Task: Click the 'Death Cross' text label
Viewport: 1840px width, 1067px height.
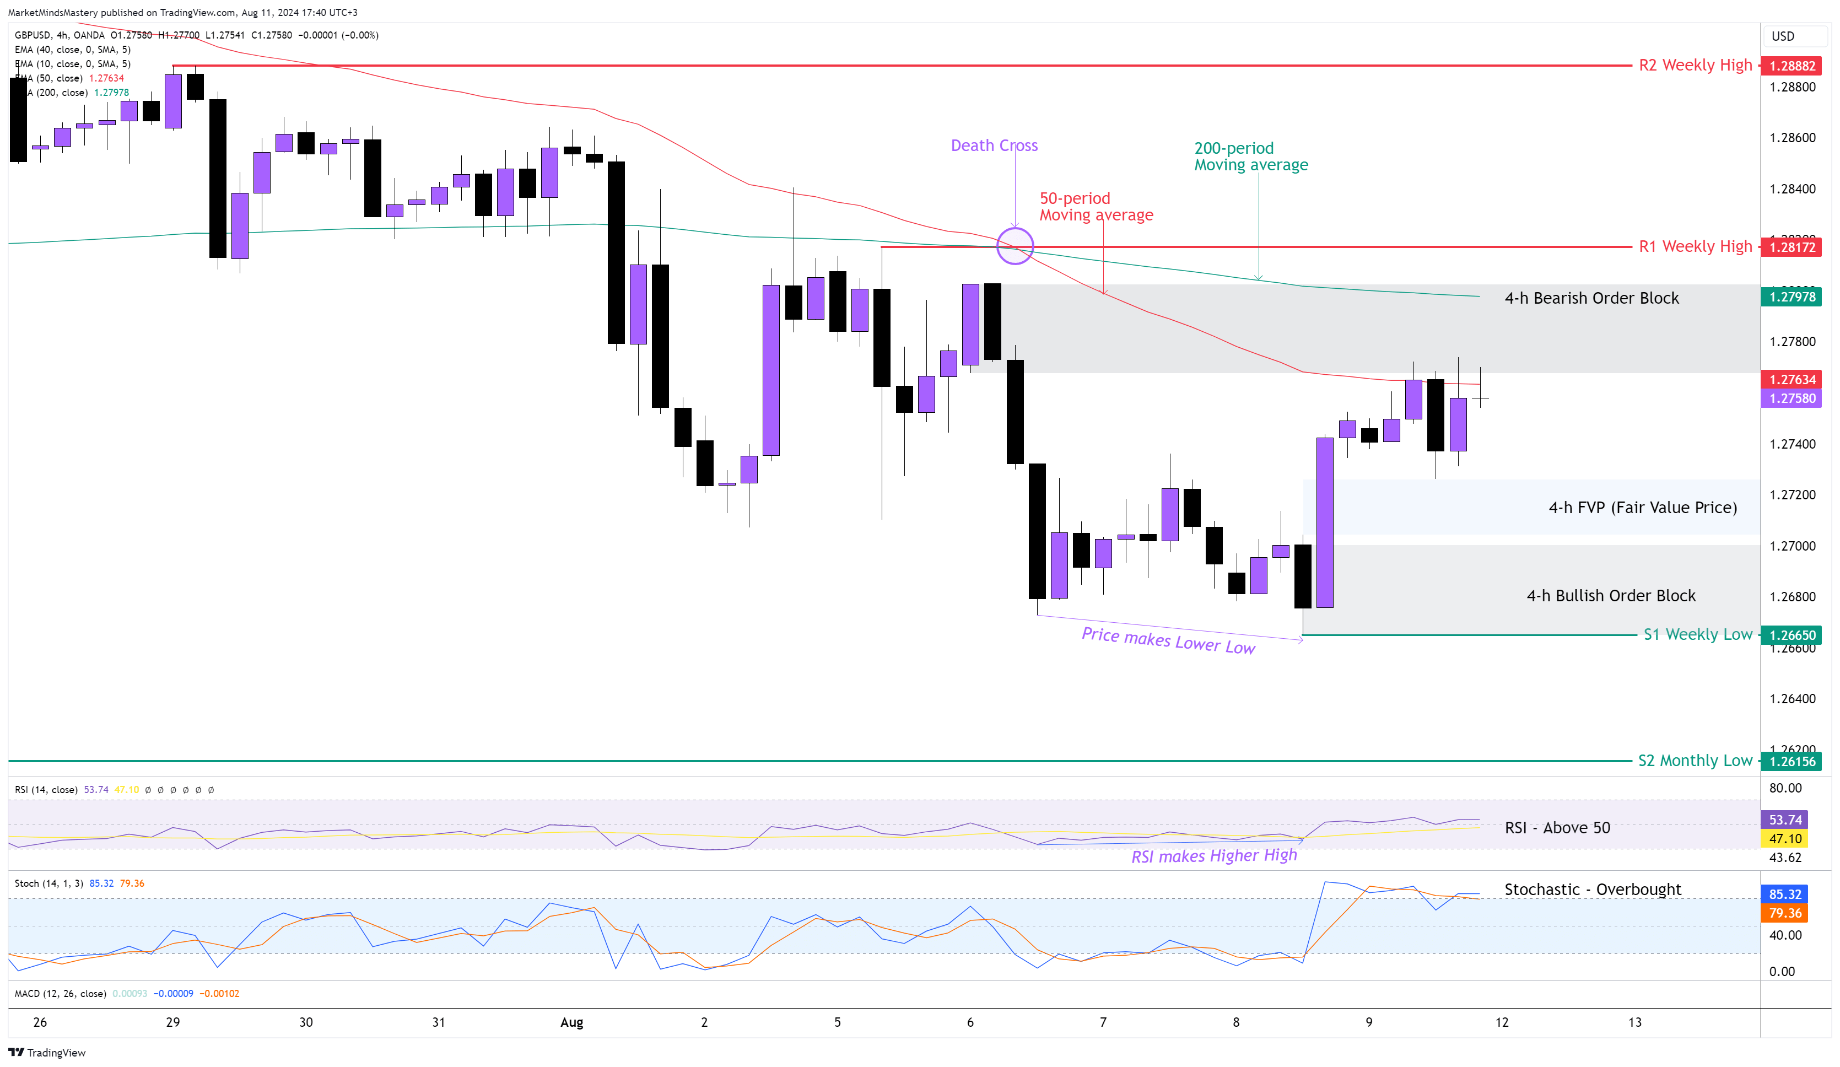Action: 994,145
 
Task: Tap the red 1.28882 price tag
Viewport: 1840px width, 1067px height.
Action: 1792,66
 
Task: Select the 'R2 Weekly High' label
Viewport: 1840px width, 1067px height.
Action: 1695,65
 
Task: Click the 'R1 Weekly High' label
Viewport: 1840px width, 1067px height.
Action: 1695,246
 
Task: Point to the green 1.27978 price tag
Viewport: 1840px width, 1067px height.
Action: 1792,297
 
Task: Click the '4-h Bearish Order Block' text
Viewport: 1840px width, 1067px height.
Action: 1591,298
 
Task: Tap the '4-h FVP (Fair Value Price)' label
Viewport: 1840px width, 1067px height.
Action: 1642,508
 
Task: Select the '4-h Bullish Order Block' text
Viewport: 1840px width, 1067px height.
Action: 1611,596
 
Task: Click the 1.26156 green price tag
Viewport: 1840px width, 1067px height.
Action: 1792,762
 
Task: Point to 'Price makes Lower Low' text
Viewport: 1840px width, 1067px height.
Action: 1168,640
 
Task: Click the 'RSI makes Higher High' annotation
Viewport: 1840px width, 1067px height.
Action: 1213,855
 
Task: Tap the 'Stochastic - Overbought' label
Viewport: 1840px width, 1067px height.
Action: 1593,890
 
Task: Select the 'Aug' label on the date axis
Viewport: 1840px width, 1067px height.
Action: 571,1022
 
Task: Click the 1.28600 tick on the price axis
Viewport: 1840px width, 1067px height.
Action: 1792,138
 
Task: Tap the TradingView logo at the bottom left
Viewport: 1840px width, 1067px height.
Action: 47,1052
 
